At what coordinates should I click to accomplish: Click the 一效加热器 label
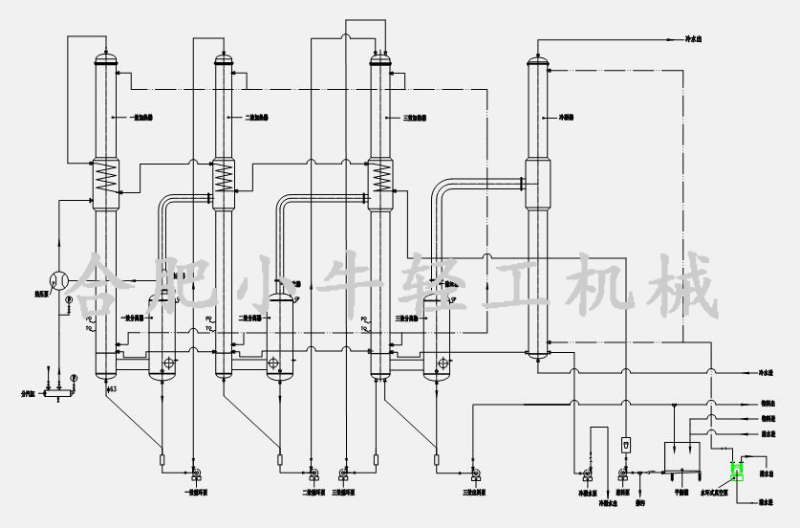click(x=141, y=118)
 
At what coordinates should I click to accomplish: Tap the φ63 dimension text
click(x=111, y=389)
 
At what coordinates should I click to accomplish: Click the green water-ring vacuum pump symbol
click(x=736, y=470)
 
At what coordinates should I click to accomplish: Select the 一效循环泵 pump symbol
click(x=194, y=473)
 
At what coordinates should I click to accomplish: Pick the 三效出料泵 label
click(x=473, y=494)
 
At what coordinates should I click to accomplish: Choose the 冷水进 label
click(x=766, y=372)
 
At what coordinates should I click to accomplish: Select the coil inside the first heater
click(x=104, y=176)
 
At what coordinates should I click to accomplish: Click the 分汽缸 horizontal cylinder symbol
click(x=58, y=392)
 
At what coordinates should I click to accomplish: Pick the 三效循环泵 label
click(x=344, y=494)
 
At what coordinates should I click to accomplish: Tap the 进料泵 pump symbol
click(x=623, y=473)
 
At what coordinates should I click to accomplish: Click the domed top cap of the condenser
click(x=538, y=61)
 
